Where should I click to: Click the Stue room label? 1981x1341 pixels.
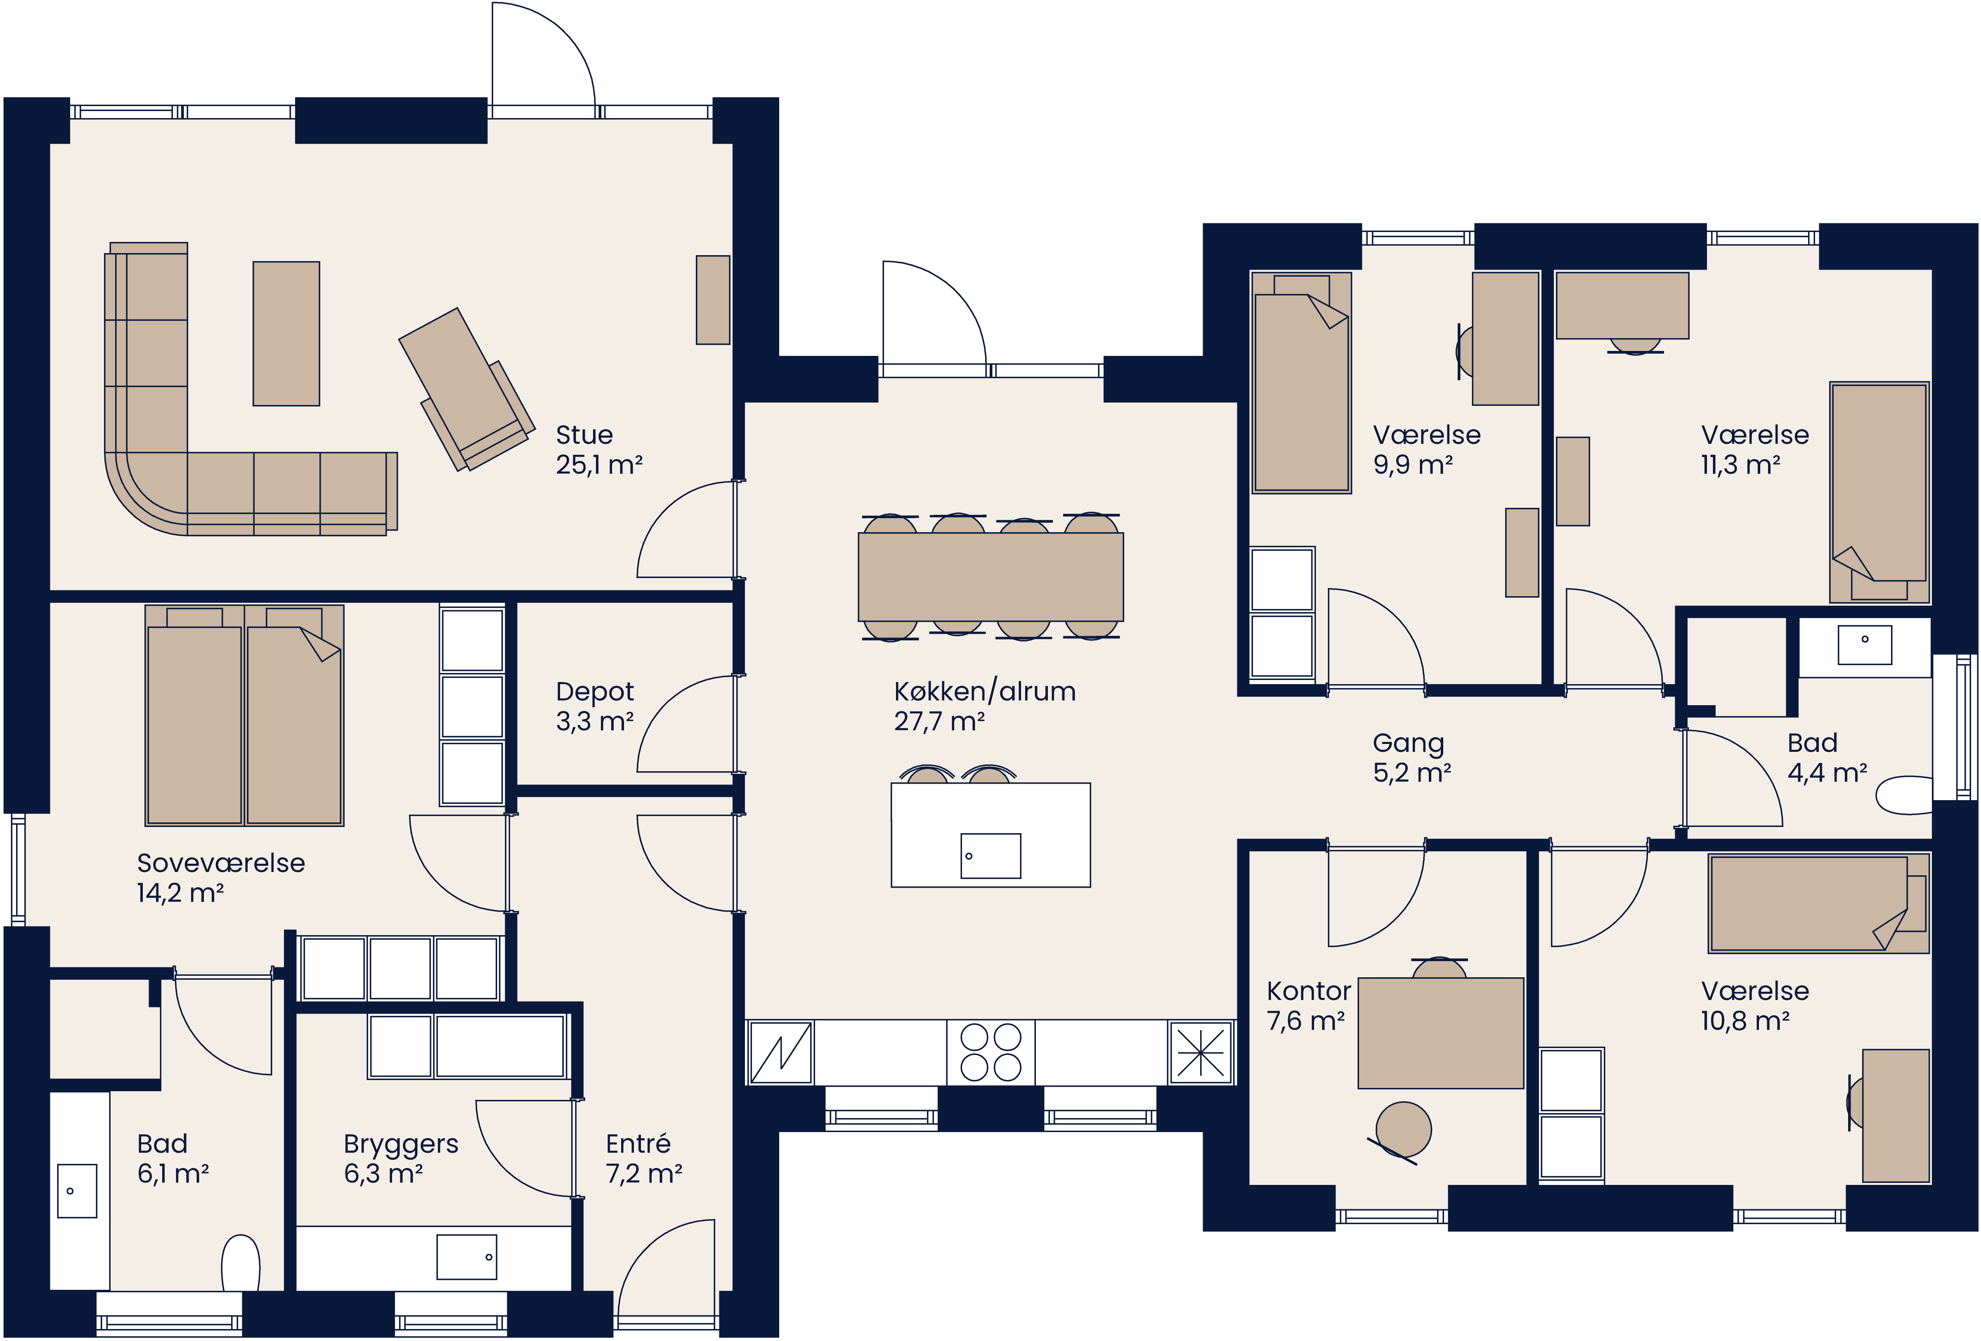pyautogui.click(x=584, y=435)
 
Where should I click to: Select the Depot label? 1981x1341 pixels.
pyautogui.click(x=594, y=692)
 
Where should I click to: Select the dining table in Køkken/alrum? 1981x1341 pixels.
pyautogui.click(x=990, y=577)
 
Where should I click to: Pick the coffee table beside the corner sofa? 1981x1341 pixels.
pyautogui.click(x=286, y=333)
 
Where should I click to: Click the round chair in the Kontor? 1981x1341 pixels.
pyautogui.click(x=1403, y=1130)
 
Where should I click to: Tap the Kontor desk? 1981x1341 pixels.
pyautogui.click(x=1441, y=1033)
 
